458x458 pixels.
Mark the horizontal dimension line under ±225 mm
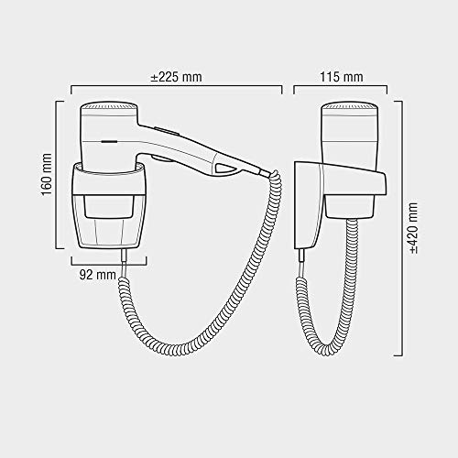click(x=177, y=90)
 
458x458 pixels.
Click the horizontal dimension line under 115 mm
click(x=340, y=90)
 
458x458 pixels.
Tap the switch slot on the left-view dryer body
click(x=108, y=143)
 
